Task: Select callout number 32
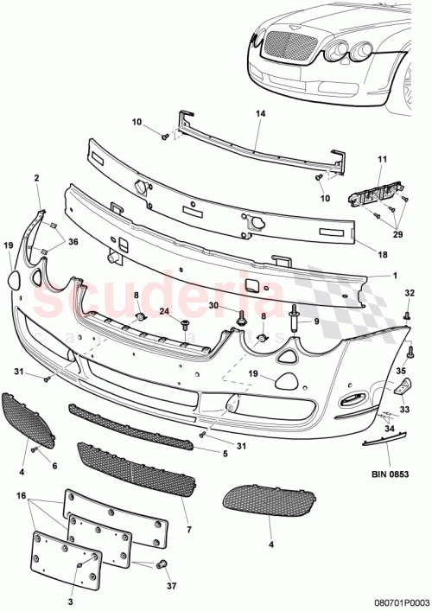pos(410,293)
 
